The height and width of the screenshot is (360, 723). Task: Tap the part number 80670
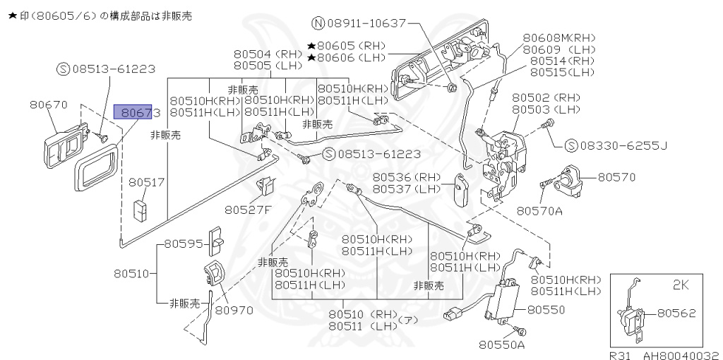(49, 104)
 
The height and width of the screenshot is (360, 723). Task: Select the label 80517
(146, 182)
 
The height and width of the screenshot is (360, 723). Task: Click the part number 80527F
(249, 209)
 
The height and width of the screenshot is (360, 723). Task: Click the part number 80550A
(502, 344)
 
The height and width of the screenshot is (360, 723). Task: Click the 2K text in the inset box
(681, 286)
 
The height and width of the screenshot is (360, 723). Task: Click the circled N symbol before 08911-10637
(318, 23)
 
